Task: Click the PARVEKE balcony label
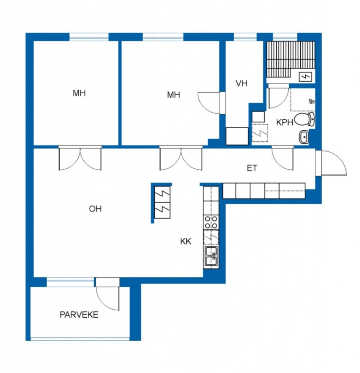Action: [x=79, y=315]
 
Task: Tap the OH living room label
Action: [x=95, y=209]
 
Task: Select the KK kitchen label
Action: [x=186, y=242]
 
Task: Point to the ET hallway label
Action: [x=252, y=168]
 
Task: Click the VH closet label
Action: [x=241, y=83]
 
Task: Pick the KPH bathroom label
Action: [x=284, y=122]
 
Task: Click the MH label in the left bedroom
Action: [x=79, y=93]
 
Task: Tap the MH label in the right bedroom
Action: [x=173, y=95]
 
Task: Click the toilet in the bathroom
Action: [x=304, y=119]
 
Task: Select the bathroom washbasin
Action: [x=304, y=137]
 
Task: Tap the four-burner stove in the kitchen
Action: [x=211, y=222]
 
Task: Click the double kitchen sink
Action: [x=211, y=256]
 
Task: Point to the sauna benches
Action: [x=290, y=59]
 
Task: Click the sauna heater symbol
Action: [x=305, y=77]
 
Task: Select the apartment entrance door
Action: [x=331, y=163]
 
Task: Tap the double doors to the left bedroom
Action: [x=80, y=158]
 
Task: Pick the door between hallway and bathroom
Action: [x=282, y=158]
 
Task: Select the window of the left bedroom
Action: [x=89, y=37]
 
